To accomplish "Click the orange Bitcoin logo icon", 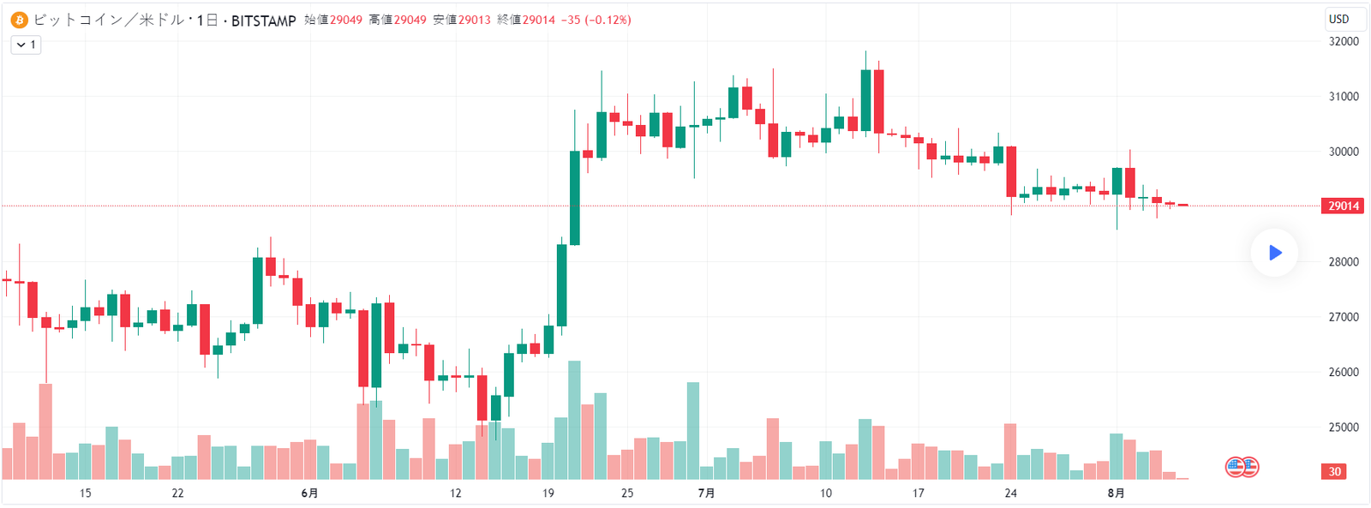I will tap(19, 20).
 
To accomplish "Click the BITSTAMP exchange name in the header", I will tap(263, 21).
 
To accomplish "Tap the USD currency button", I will tap(1338, 19).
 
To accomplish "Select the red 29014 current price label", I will tap(1344, 206).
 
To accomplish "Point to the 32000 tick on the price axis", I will tap(1344, 41).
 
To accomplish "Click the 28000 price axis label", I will tap(1344, 262).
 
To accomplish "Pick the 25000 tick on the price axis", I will tap(1344, 427).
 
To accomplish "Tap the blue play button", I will tap(1274, 253).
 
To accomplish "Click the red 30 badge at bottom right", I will tap(1334, 471).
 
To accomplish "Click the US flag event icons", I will tap(1242, 467).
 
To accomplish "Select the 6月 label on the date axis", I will tap(309, 493).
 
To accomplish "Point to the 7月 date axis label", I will tap(706, 493).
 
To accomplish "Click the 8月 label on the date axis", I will tap(1116, 493).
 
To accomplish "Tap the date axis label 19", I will tap(548, 493).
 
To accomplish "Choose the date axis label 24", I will tap(1011, 493).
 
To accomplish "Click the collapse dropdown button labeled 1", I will tap(26, 45).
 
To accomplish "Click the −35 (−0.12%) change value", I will tap(596, 20).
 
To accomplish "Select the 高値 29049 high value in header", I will tap(398, 20).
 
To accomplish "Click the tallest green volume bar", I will tap(574, 420).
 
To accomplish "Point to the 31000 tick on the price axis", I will tap(1344, 97).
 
